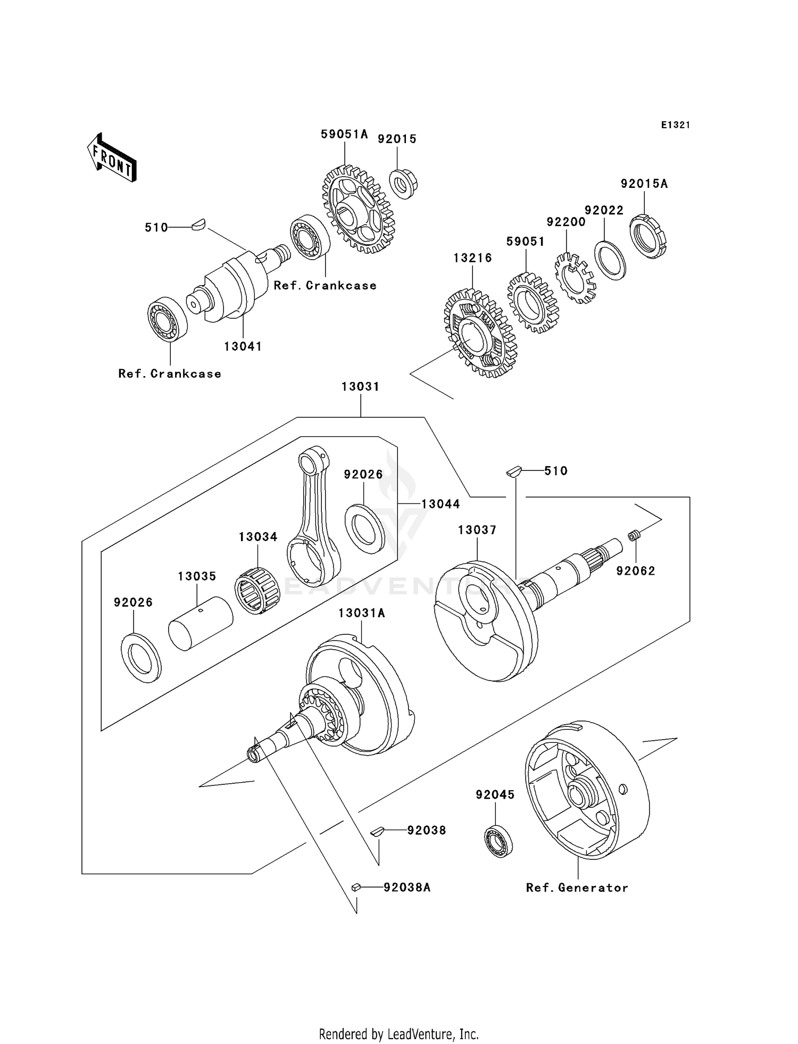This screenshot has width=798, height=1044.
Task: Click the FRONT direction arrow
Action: (112, 158)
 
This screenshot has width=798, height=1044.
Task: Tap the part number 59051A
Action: (344, 135)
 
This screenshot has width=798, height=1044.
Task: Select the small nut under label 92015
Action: (403, 184)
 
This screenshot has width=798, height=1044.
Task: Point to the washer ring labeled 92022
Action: (610, 260)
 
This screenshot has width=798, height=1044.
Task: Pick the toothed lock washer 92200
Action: (576, 278)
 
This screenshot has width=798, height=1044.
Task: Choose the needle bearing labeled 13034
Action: (257, 591)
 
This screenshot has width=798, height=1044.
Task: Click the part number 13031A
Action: (362, 613)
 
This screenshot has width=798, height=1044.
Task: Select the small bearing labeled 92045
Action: (498, 841)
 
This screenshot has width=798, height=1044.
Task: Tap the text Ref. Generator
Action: (577, 888)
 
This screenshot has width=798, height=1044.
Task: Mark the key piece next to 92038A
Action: (356, 887)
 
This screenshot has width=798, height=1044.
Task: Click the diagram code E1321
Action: (676, 125)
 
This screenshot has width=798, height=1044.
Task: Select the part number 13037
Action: (477, 530)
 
